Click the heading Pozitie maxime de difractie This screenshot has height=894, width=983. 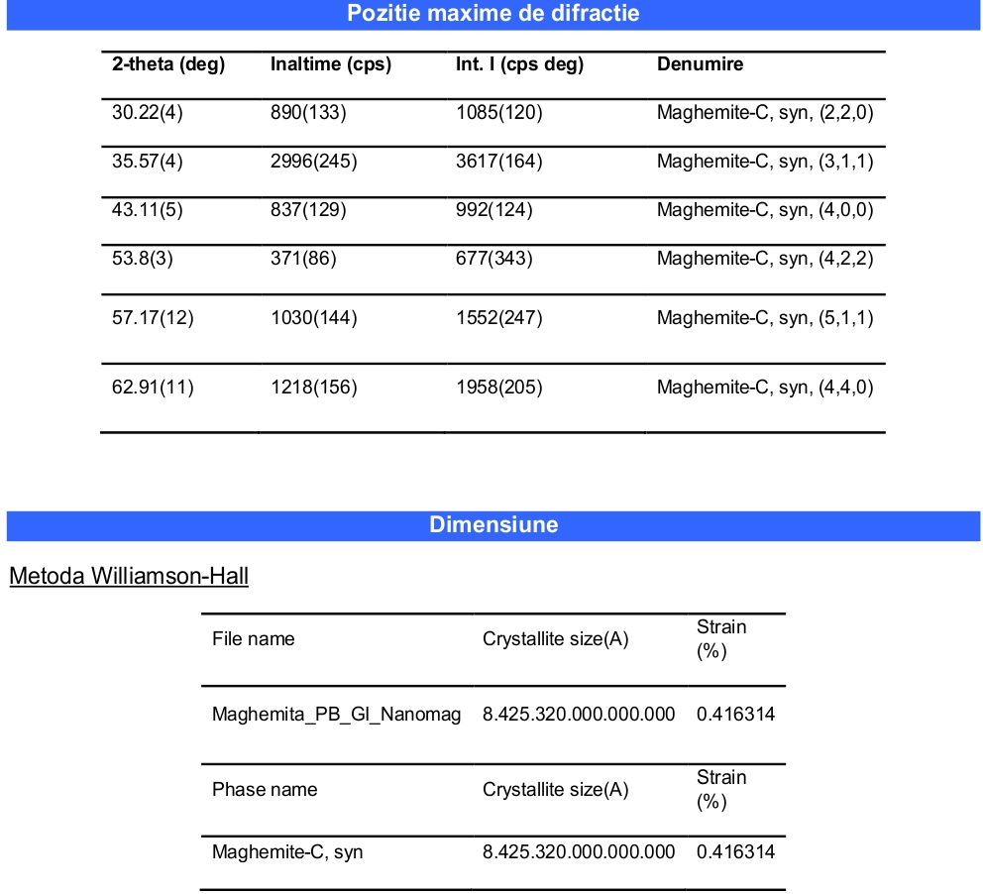pos(492,14)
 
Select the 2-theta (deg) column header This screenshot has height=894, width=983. pos(168,65)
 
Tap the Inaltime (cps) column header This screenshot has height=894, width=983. pos(331,65)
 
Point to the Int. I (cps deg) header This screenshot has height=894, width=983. pos(519,65)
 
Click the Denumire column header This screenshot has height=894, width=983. pos(700,65)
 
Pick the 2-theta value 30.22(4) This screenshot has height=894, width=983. pos(148,113)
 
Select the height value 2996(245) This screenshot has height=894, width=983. pos(314,162)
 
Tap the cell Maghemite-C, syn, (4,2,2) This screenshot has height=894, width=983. pos(765,260)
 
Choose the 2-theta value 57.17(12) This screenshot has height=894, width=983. pos(153,319)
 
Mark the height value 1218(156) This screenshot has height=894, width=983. pos(314,388)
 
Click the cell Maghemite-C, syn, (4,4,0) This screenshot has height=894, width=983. pos(765,388)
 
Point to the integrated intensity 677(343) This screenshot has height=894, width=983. pos(494,260)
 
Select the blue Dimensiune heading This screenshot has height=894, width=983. pos(492,525)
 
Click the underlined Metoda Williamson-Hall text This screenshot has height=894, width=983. pos(129,577)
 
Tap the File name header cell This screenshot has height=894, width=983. pos(253,639)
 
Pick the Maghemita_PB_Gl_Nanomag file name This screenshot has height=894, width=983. pos(336,715)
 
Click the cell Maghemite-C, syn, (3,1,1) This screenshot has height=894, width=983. pos(765,162)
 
